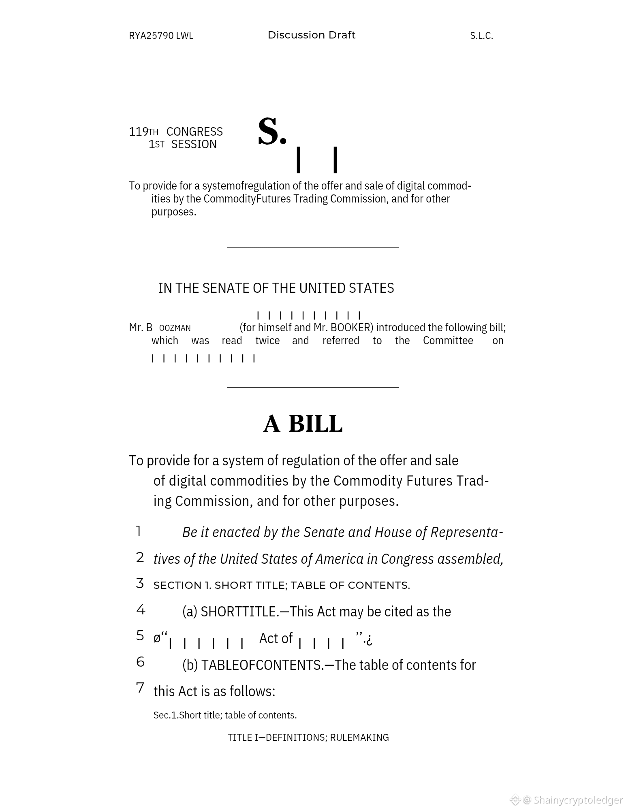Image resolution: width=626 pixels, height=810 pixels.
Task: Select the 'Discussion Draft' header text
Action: tap(311, 35)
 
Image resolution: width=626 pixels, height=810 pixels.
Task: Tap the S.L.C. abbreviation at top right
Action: tap(481, 36)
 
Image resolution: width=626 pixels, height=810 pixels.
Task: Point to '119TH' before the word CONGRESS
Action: tap(143, 132)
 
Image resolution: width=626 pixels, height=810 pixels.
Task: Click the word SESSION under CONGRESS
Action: tap(194, 144)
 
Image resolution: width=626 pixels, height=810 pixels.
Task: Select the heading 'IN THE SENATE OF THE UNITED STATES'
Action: tap(276, 288)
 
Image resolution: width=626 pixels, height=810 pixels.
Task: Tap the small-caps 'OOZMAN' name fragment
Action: tap(175, 328)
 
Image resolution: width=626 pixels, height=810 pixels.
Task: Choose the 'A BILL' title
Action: tap(303, 424)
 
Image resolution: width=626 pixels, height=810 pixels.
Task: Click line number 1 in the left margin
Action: tap(139, 531)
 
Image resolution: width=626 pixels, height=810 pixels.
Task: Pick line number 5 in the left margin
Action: tap(140, 635)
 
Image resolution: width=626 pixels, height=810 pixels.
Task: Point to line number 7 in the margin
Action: tap(140, 688)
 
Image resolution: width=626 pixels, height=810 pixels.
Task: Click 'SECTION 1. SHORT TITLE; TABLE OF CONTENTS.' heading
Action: tap(282, 585)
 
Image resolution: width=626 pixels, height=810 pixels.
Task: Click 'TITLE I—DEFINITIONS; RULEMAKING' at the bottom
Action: tap(308, 738)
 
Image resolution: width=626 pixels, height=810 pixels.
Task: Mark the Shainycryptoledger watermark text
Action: tap(578, 800)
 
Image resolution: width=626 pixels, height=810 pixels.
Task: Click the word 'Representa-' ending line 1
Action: tap(467, 532)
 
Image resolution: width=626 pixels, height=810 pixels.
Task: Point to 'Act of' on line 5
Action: tap(276, 638)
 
